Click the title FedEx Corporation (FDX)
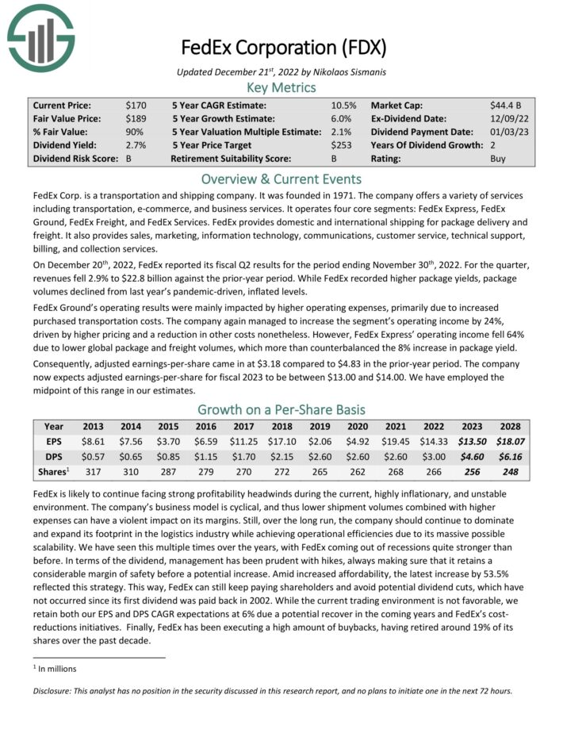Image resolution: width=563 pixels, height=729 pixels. coord(283,48)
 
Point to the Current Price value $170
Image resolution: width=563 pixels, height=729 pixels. coord(136,105)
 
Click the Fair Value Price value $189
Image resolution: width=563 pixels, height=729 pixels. coord(136,118)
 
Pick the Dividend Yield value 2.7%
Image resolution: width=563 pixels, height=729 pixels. coord(136,145)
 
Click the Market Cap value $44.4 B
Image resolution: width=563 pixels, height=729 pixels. coord(505,105)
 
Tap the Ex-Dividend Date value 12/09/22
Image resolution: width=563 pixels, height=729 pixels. coord(507,118)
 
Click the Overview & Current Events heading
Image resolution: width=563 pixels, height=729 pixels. coord(281,179)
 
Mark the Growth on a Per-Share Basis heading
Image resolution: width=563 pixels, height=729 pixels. coord(281,409)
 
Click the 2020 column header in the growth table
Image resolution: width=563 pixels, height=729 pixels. coord(358,427)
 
